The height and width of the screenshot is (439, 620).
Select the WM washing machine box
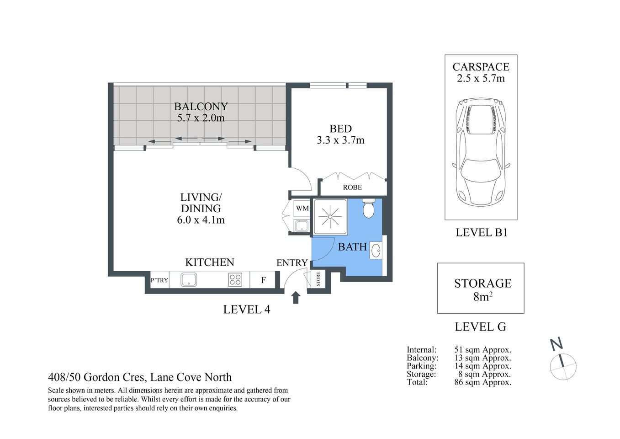[x=302, y=208]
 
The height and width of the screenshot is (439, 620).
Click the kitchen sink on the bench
[x=189, y=279]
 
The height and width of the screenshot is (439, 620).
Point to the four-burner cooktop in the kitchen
[x=235, y=279]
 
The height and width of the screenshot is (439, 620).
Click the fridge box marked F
[x=263, y=280]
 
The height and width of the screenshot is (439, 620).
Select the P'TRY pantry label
[x=159, y=280]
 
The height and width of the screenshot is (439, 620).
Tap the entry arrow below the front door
[x=296, y=297]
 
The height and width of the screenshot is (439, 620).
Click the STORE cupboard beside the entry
[x=318, y=278]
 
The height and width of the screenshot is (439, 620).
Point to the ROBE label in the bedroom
[x=352, y=187]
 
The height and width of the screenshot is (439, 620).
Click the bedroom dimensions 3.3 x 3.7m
[x=340, y=140]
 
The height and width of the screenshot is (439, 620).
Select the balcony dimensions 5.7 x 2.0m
[x=201, y=118]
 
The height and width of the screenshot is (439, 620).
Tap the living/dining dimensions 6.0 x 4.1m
[x=201, y=220]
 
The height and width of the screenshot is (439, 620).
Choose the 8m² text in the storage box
[x=482, y=297]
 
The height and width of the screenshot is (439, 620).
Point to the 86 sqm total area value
[x=482, y=382]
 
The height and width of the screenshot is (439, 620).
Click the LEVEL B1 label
[x=482, y=232]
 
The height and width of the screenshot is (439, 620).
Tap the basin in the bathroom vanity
[x=376, y=251]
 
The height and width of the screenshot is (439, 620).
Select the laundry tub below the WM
[x=302, y=225]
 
